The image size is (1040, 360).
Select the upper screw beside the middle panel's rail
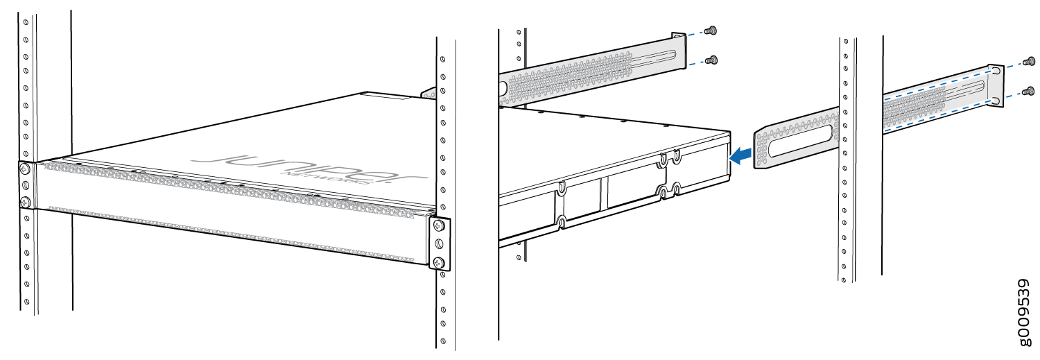tap(710, 31)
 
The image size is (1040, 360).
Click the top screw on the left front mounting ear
tap(26, 169)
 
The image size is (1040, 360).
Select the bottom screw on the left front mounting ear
tap(26, 202)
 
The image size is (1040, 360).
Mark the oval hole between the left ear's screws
tap(26, 186)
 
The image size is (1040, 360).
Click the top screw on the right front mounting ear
tap(438, 226)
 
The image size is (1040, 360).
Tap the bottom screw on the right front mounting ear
tap(438, 262)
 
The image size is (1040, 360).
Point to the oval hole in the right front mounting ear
tap(438, 244)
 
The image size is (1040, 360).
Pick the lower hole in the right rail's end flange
tap(996, 101)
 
